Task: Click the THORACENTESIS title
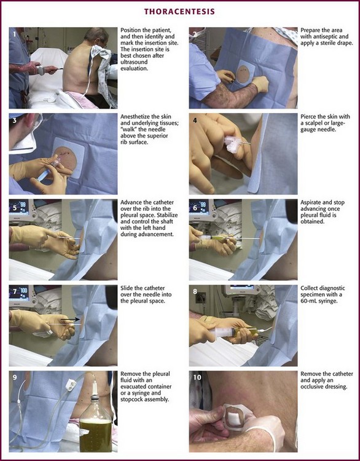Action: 179,12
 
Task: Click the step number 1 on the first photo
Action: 14,34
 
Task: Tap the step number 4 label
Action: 195,120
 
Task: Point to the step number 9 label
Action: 15,377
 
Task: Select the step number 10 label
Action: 197,377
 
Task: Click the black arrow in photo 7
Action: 70,319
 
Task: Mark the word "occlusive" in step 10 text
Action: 326,387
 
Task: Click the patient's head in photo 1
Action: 96,37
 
